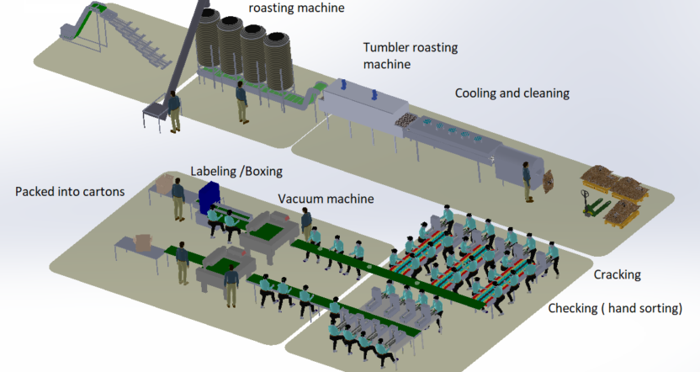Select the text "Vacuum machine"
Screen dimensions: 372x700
[326, 199]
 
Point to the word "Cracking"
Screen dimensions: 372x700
[617, 275]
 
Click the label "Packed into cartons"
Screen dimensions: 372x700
[70, 192]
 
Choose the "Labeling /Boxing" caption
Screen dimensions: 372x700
[236, 171]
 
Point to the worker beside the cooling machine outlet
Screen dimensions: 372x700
[528, 180]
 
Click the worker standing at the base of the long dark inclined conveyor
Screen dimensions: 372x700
[174, 111]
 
